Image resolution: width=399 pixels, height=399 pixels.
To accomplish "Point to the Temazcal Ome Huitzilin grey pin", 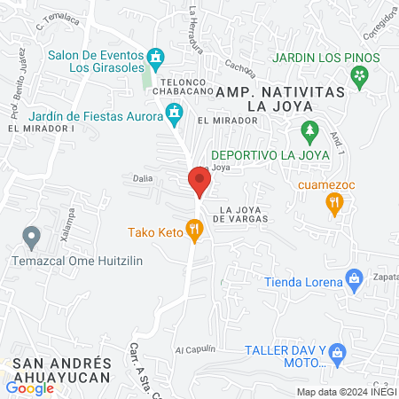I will [x=32, y=238].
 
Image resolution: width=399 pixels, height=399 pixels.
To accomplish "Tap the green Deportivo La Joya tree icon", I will [x=309, y=131].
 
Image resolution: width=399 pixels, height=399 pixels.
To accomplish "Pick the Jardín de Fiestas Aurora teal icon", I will [x=175, y=113].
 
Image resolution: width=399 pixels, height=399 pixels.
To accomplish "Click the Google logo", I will [x=29, y=387].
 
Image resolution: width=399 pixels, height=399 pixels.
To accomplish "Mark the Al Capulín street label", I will [x=196, y=348].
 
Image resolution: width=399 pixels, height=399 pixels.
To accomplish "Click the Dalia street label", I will [x=142, y=177].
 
